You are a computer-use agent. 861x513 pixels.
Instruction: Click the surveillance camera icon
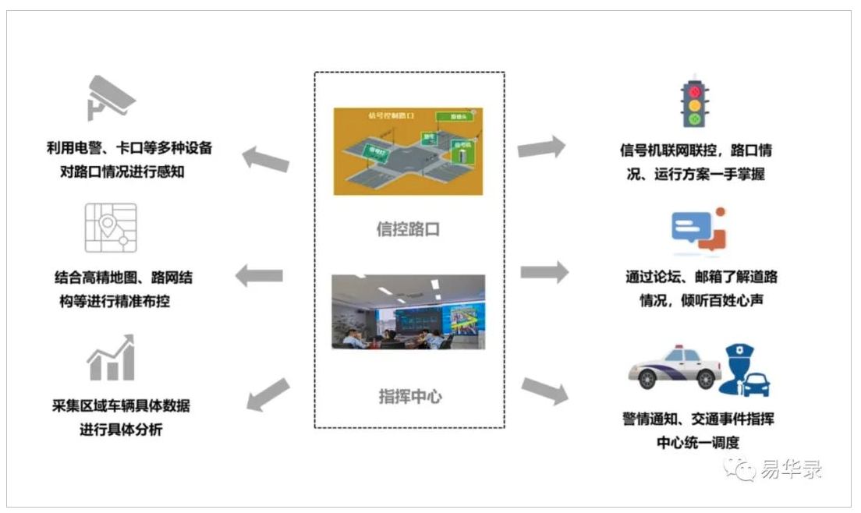pos(112,97)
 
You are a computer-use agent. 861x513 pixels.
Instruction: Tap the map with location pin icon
pos(111,228)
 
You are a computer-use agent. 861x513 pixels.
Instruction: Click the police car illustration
pos(675,367)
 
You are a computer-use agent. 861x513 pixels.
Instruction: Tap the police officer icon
pos(746,370)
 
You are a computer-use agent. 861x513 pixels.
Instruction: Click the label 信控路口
pos(409,229)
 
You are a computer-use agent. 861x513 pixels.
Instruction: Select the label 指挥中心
pos(409,396)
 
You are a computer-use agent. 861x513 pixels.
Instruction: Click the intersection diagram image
pos(408,150)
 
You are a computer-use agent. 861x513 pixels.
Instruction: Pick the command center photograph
pos(408,311)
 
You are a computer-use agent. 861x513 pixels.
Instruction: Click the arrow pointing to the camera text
pos(265,158)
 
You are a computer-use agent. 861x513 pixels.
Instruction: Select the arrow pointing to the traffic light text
pos(541,147)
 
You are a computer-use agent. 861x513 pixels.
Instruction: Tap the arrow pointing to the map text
pos(259,274)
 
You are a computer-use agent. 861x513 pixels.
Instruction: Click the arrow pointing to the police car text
pos(544,391)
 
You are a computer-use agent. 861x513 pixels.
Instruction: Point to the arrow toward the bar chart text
pos(268,394)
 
